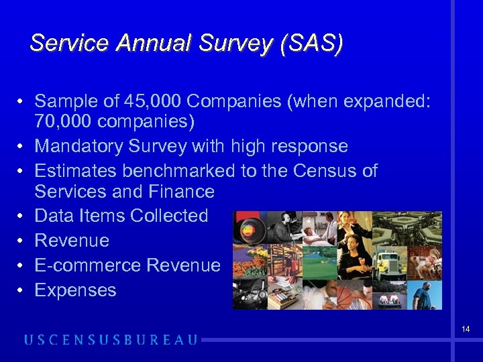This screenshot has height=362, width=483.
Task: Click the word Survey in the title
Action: [x=235, y=44]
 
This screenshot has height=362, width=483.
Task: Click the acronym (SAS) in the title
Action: [x=313, y=44]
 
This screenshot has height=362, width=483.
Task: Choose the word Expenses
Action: [x=75, y=290]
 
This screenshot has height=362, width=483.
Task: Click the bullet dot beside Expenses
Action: [x=21, y=290]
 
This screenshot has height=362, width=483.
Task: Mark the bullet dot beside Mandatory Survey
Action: [x=21, y=146]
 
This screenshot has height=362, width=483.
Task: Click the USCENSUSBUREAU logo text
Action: [x=111, y=340]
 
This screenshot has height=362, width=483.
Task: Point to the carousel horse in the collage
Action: [x=427, y=261]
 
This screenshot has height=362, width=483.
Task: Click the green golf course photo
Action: [x=317, y=261]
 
